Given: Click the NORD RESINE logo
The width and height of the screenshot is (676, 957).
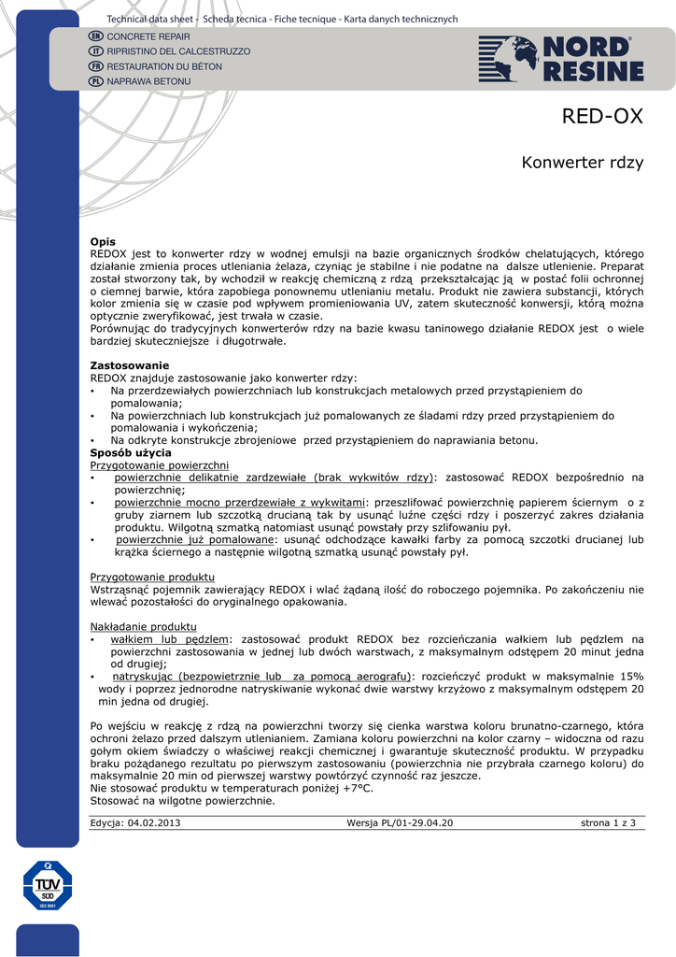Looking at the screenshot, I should pyautogui.click(x=561, y=58).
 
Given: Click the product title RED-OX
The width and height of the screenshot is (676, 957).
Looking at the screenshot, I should pyautogui.click(x=602, y=117).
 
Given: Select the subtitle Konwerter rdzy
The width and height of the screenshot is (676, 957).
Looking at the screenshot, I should pyautogui.click(x=582, y=163).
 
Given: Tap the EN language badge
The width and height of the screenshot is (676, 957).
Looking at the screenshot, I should pyautogui.click(x=95, y=36).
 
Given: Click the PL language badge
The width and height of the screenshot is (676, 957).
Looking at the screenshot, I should pyautogui.click(x=95, y=82).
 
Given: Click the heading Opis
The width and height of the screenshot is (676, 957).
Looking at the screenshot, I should pyautogui.click(x=103, y=242).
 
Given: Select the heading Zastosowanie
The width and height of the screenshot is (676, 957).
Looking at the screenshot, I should pyautogui.click(x=129, y=365).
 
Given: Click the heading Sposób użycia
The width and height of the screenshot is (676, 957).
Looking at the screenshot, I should pyautogui.click(x=130, y=452).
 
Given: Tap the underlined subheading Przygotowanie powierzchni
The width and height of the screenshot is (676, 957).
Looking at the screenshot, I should pyautogui.click(x=159, y=464).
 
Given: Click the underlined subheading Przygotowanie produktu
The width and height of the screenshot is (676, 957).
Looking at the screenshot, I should pyautogui.click(x=152, y=578).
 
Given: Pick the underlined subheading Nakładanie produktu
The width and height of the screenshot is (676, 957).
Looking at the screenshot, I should pyautogui.click(x=143, y=626).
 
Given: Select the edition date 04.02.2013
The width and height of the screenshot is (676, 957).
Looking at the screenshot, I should pyautogui.click(x=154, y=822).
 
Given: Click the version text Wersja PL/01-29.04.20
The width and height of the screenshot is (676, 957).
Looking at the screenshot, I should pyautogui.click(x=400, y=822).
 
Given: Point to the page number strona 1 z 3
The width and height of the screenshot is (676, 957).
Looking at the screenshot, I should pyautogui.click(x=607, y=822).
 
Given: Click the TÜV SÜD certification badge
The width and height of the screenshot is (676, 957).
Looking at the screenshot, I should pyautogui.click(x=48, y=886).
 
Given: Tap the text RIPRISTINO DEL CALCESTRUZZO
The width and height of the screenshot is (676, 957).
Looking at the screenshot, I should pyautogui.click(x=178, y=51).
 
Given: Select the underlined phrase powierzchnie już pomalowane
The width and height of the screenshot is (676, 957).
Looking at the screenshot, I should pyautogui.click(x=195, y=540).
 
